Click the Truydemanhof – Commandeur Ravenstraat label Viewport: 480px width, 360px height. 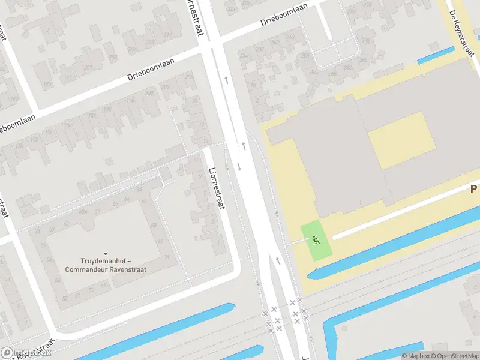point(106,265)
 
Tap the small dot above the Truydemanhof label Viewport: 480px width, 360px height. point(106,254)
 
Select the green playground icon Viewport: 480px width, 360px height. point(316,239)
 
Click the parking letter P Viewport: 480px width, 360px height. point(473,189)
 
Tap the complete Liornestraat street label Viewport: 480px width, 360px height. point(215,188)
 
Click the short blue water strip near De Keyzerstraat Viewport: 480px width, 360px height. point(436,55)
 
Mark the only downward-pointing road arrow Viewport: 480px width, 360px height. point(239,167)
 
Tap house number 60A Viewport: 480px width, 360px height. point(83,212)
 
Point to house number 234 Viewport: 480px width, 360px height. point(244,56)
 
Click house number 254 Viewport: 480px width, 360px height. point(313,73)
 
